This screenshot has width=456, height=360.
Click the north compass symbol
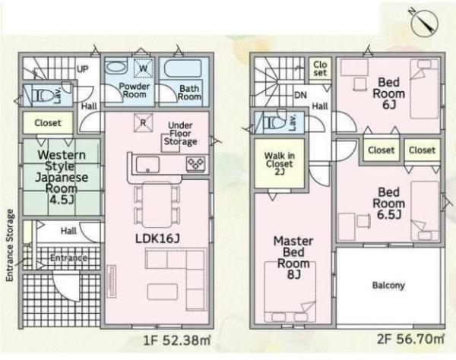424,22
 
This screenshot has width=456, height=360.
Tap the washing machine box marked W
143,68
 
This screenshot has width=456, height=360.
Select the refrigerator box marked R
143,122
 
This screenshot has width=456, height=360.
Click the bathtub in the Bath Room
183,68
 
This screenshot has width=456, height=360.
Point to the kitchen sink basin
148,165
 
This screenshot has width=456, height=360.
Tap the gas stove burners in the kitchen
196,163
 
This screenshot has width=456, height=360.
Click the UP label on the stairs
82,69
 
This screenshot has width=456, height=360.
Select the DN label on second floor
300,95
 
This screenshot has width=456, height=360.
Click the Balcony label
388,286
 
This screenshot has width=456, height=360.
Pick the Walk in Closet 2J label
280,163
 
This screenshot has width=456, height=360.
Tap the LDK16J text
157,238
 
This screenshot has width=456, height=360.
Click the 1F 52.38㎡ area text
177,340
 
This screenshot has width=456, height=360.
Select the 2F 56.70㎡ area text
410,339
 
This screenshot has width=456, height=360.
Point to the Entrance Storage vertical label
10,245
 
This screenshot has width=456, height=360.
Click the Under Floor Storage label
180,134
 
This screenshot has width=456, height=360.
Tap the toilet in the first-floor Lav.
43,95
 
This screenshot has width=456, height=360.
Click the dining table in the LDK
157,204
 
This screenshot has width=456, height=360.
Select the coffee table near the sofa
163,292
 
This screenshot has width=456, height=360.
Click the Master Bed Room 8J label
293,257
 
